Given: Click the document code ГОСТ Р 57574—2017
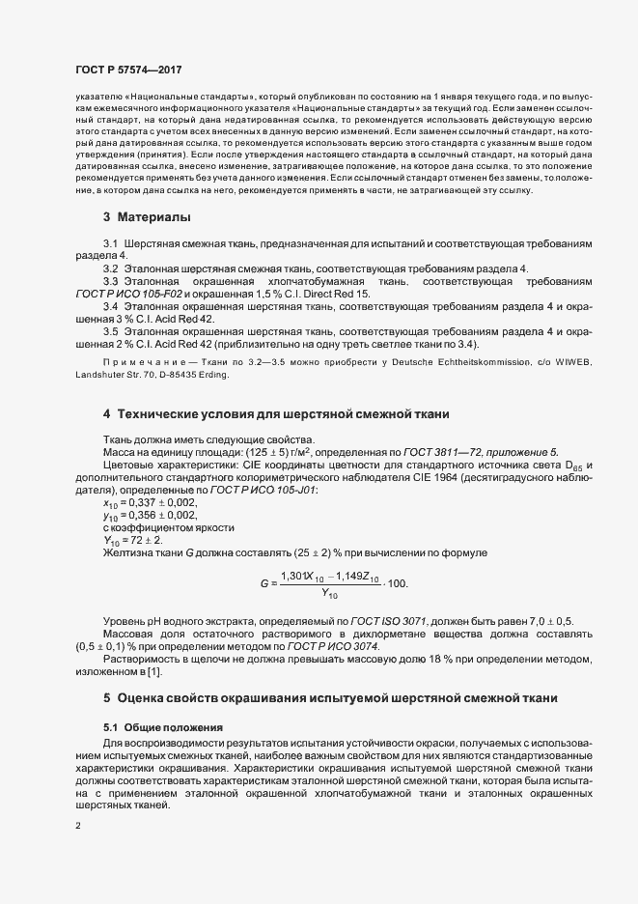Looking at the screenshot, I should [127, 71].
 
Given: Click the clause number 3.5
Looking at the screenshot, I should [110, 333].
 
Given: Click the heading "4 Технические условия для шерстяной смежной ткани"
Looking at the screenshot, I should [276, 415].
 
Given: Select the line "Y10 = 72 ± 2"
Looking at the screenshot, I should [132, 540].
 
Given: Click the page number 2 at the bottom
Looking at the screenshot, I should [77, 827].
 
